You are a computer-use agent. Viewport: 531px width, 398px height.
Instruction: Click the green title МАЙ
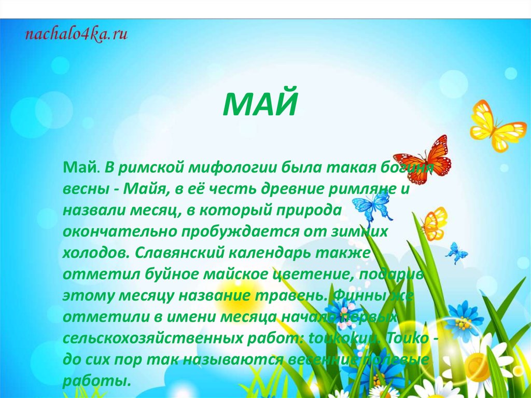coord(261,105)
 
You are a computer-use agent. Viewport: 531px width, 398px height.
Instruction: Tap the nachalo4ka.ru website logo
coord(76,35)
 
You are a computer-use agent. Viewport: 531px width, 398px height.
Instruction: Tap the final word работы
coord(95,381)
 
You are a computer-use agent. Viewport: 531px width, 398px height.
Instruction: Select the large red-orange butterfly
coord(424,158)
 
